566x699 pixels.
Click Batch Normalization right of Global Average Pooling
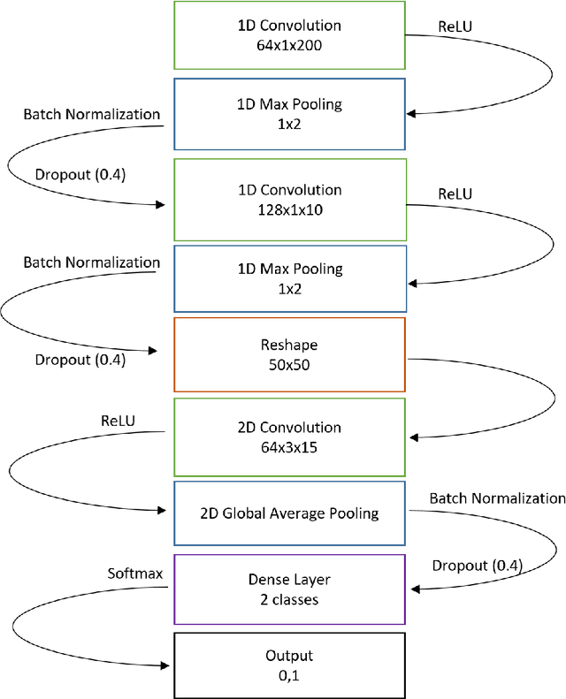(x=497, y=499)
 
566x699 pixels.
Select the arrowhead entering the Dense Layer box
(x=412, y=589)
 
